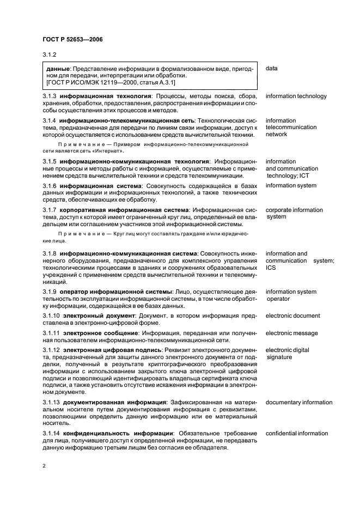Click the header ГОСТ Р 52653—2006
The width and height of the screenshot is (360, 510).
click(72, 40)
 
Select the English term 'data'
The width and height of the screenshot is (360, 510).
click(272, 69)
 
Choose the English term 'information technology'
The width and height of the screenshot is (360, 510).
click(296, 96)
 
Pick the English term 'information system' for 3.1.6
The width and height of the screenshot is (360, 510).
click(291, 185)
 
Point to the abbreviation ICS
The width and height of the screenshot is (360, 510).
click(271, 268)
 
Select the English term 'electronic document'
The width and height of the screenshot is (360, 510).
click(292, 315)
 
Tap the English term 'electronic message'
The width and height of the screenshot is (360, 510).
click(292, 332)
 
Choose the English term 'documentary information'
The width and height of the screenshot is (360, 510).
click(298, 403)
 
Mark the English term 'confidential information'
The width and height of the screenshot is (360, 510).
click(296, 433)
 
